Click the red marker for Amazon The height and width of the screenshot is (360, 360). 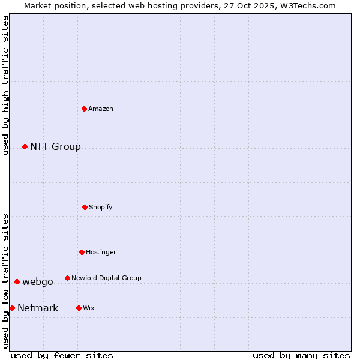85,109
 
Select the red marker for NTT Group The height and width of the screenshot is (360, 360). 25,146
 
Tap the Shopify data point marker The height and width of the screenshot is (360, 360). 85,207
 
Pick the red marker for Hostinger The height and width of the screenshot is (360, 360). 82,252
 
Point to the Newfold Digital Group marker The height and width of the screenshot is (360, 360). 67,278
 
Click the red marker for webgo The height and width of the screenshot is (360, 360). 17,281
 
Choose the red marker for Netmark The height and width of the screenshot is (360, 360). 12,308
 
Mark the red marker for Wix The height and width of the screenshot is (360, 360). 79,308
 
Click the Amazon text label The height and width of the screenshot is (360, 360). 101,109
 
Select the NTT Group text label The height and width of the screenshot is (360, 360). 55,146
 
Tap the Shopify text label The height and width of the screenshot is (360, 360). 101,207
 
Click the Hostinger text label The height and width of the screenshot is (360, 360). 101,252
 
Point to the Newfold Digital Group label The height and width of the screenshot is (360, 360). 106,278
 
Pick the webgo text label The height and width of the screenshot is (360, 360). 38,281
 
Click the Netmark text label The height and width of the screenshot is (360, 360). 38,308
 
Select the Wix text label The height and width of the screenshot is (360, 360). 89,308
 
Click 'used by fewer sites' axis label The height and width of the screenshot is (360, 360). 62,355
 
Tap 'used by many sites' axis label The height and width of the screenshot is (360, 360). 301,355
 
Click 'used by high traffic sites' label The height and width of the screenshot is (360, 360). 5,85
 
